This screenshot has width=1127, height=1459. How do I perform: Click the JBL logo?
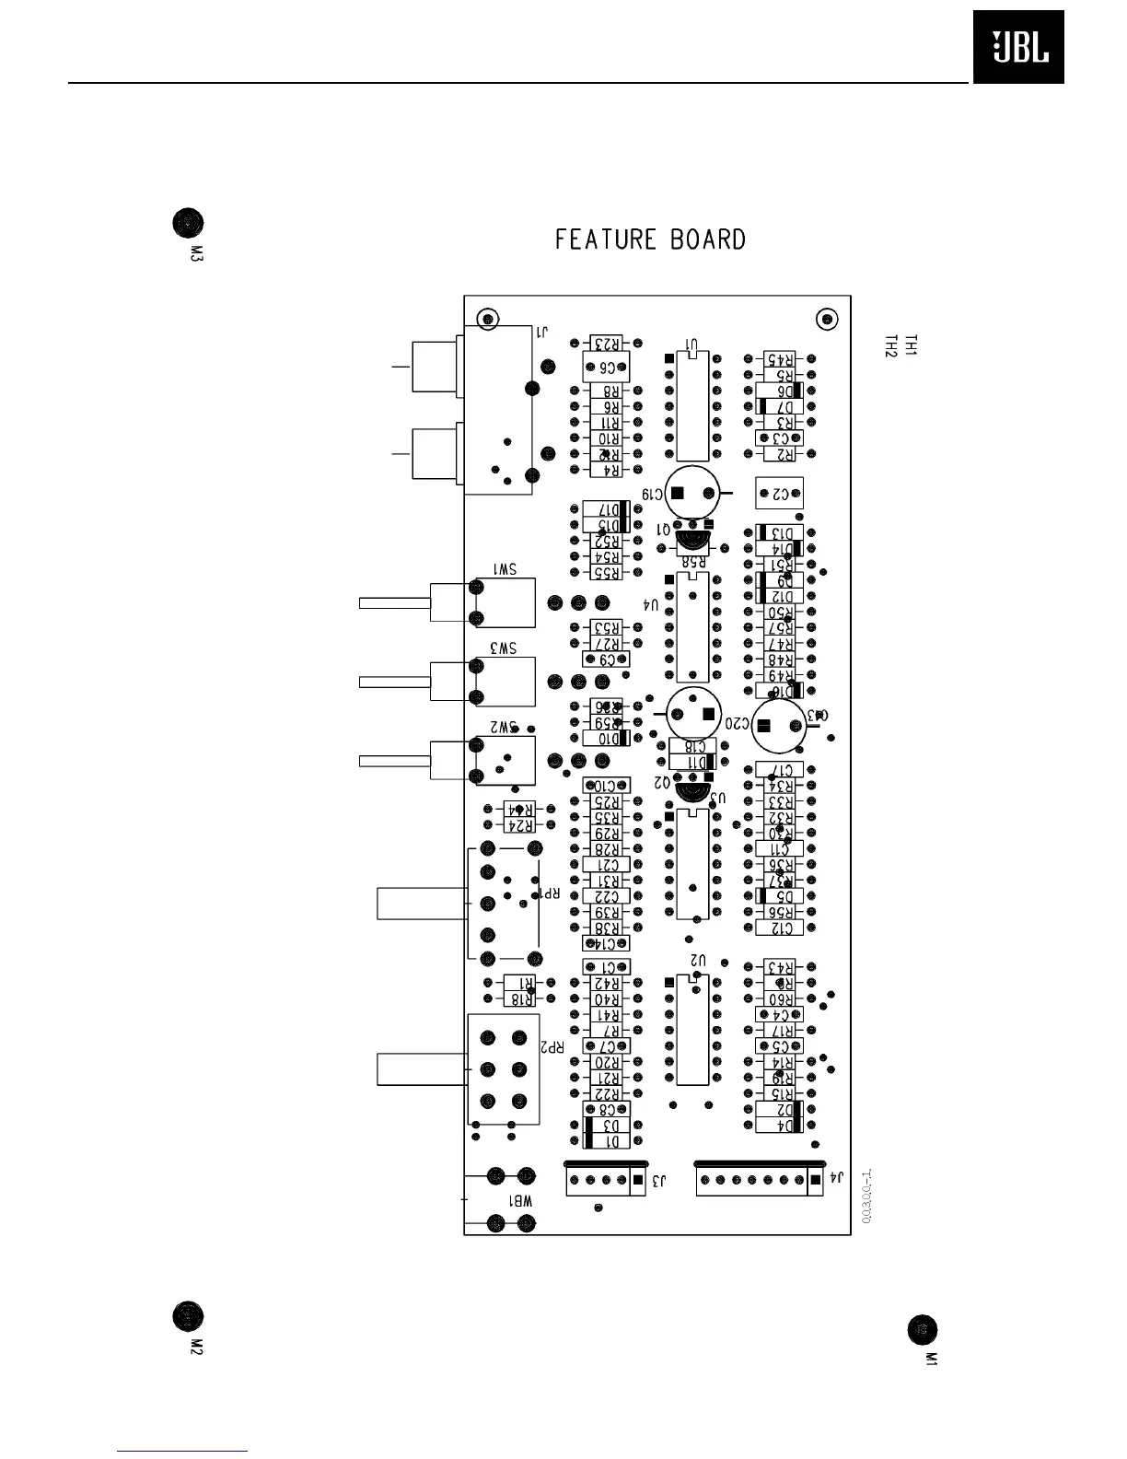pos(1018,48)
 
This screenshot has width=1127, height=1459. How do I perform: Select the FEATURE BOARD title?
pos(650,240)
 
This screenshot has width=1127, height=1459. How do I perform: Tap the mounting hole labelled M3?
pos(188,224)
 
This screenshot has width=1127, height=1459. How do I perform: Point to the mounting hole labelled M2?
pos(188,1314)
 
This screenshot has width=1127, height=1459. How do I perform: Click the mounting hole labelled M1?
pos(922,1330)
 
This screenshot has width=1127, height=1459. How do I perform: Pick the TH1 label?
pos(911,345)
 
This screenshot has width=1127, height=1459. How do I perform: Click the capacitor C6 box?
pos(607,367)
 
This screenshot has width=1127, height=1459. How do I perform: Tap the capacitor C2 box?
pos(779,494)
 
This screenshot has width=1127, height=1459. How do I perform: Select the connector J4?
pos(759,1180)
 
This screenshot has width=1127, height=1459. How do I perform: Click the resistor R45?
pos(779,359)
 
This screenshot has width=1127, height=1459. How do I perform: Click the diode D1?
pos(607,1141)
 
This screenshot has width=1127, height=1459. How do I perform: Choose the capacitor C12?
pos(779,928)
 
